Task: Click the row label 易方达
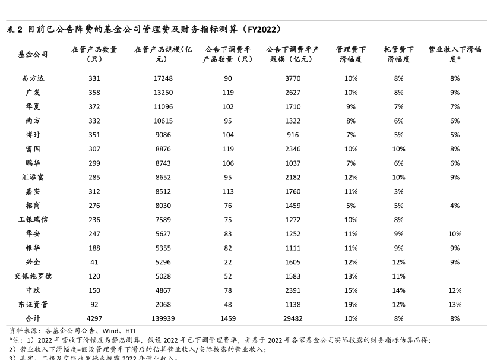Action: [33, 78]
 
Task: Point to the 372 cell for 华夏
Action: [94, 107]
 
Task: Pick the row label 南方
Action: [33, 121]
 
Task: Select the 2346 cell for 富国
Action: [293, 149]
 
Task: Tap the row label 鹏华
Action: [33, 163]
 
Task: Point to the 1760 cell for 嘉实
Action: [293, 191]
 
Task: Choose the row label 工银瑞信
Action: [33, 220]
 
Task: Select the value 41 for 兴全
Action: [94, 262]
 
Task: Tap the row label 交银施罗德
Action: [33, 276]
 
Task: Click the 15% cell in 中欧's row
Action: [351, 290]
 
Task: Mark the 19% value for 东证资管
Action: [351, 305]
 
